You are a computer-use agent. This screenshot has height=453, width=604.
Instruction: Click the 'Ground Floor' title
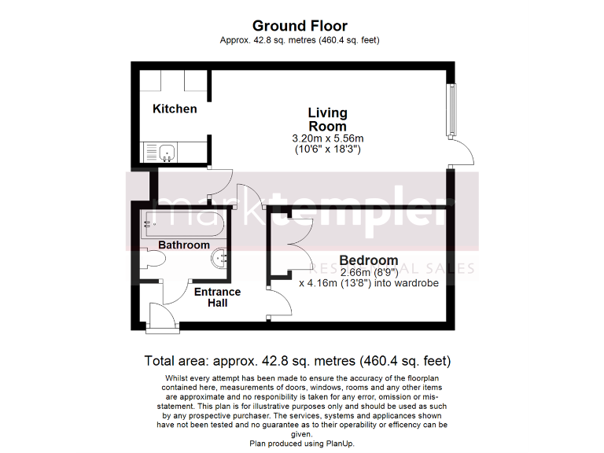pos(300,26)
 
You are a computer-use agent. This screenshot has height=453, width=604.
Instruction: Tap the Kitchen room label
pos(175,109)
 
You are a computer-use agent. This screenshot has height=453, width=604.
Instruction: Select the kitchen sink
pos(165,152)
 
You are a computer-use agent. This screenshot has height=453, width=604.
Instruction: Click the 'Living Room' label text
pos(327,120)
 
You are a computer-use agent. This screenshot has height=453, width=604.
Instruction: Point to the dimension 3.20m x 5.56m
pos(327,138)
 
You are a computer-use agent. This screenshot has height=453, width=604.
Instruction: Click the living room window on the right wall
pos(451,109)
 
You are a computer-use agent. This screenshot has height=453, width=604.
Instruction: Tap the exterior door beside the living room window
pos(462,153)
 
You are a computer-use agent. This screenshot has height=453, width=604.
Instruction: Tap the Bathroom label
pos(184,245)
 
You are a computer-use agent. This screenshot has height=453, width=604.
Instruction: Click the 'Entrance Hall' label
pos(217,297)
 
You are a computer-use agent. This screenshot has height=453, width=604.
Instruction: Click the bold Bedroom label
pos(368,260)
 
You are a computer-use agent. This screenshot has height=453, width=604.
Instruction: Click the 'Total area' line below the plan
pos(297,362)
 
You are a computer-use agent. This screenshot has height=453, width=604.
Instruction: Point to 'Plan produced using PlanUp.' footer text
pos(302,444)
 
